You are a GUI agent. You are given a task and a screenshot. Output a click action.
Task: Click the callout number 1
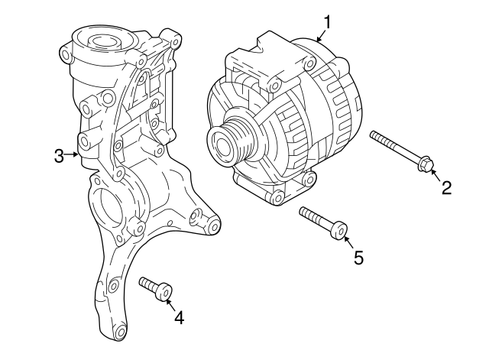(327, 22)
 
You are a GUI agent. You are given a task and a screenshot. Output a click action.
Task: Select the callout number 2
(446, 186)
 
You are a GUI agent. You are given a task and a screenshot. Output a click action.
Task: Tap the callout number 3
(59, 156)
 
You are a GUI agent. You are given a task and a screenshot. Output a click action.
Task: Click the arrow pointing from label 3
(74, 154)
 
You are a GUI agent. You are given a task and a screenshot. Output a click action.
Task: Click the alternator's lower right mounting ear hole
(309, 180)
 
